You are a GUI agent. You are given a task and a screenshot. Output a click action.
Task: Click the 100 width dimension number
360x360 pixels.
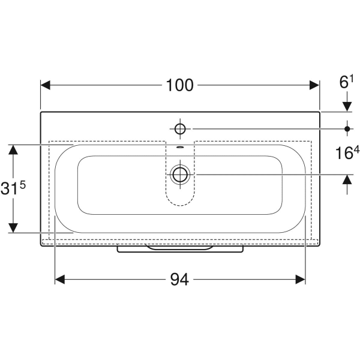point(179,85)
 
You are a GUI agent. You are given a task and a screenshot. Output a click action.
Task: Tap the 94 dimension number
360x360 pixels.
point(179,280)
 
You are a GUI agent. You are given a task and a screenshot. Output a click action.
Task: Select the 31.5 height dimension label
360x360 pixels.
point(13,188)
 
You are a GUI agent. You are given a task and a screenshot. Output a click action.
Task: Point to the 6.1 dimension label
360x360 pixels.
point(346,82)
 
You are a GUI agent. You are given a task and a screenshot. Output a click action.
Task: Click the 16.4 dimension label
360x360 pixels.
point(347,152)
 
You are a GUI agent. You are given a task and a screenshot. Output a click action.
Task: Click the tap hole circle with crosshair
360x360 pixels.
point(180,129)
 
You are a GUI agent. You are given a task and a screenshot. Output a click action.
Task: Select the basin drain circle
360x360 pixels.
point(180,175)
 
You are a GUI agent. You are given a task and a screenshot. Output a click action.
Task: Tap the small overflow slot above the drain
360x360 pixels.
point(180,148)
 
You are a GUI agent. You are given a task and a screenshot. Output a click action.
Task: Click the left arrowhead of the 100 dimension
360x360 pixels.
point(46,85)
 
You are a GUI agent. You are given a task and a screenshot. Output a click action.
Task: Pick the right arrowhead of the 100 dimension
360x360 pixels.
point(314,85)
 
